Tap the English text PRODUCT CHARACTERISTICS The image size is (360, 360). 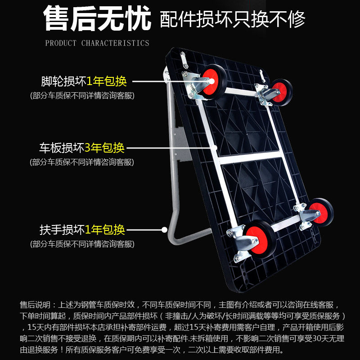(97, 43)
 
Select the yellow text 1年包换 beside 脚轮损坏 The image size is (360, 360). (107, 81)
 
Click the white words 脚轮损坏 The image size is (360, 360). (63, 81)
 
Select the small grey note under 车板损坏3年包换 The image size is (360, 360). (82, 162)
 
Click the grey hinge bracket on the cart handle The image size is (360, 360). (180, 144)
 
